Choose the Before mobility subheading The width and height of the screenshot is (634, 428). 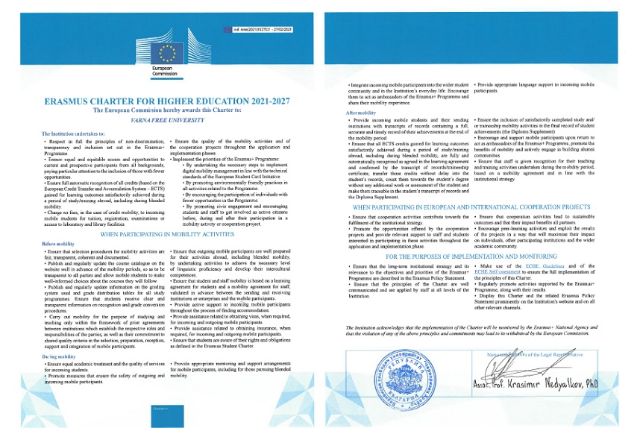pyautogui.click(x=59, y=244)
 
